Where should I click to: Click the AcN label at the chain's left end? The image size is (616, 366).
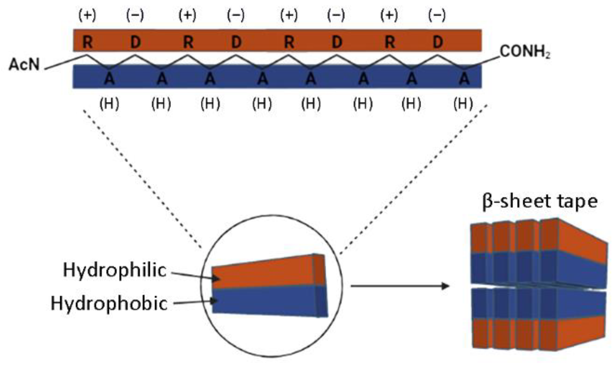24,64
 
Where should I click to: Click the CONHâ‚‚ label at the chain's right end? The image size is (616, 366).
525,52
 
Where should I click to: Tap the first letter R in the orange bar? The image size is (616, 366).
88,42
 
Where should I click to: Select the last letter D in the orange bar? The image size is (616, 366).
438,42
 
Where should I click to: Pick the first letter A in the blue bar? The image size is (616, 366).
109,79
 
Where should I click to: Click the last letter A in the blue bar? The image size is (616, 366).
464,79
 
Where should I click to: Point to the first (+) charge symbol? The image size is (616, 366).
87,15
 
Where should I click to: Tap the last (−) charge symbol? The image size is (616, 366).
437,15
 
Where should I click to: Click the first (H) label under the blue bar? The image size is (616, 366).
109,103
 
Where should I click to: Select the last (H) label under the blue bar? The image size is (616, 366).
463,103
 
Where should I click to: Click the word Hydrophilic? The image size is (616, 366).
115,270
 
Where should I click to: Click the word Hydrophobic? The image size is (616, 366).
109,303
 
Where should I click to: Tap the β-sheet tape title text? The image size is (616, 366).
540,201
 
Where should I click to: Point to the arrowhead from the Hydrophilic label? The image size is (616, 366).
217,279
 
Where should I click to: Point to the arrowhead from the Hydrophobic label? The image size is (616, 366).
215,301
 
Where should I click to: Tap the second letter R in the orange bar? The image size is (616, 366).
188,42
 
